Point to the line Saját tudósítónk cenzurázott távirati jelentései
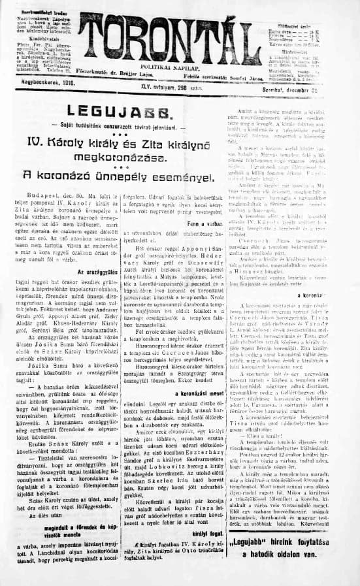click(x=122, y=125)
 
